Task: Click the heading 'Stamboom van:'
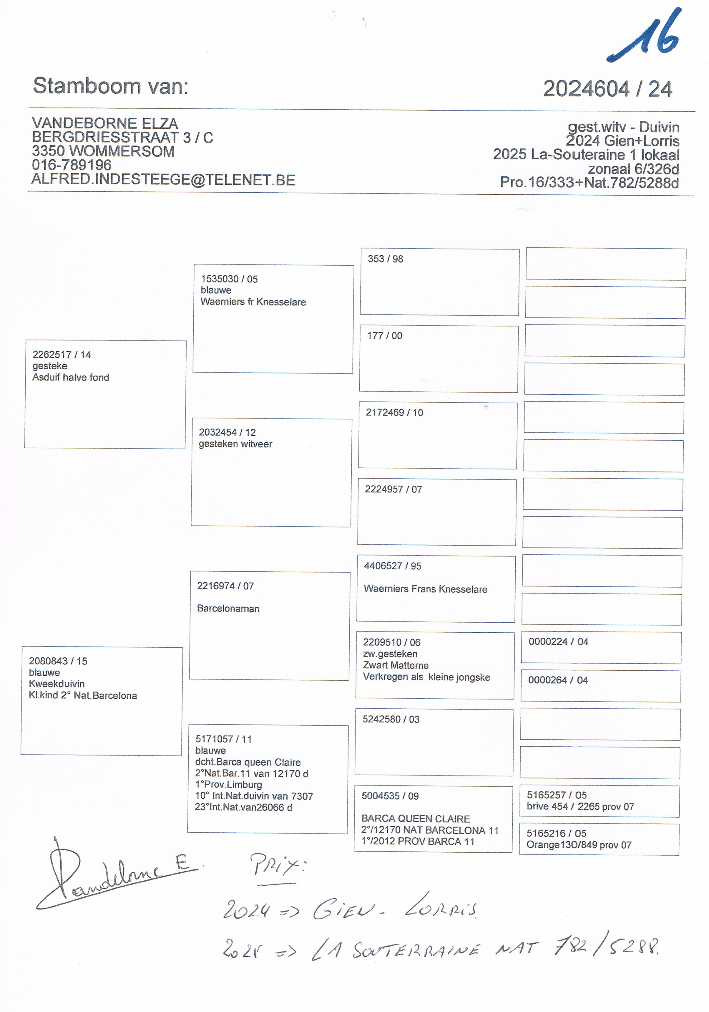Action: (111, 86)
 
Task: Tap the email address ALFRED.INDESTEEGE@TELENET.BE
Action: (163, 180)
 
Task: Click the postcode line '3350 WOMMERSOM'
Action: (103, 151)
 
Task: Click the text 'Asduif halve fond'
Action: (70, 377)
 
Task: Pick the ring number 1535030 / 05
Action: (229, 279)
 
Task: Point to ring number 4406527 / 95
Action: (392, 566)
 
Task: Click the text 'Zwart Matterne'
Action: (396, 665)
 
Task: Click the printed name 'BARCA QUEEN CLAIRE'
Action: (415, 818)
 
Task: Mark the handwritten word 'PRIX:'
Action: (278, 865)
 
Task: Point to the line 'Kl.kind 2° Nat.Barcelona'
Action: (83, 696)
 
